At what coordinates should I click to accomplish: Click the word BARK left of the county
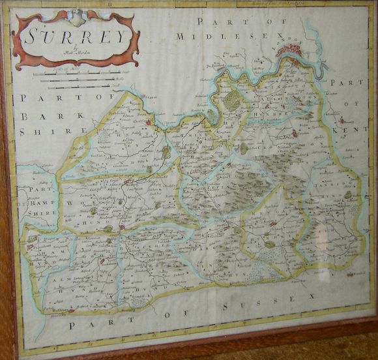(x=36, y=117)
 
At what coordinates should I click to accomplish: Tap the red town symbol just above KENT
(x=342, y=120)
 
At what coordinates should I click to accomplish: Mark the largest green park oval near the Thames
(x=232, y=100)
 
